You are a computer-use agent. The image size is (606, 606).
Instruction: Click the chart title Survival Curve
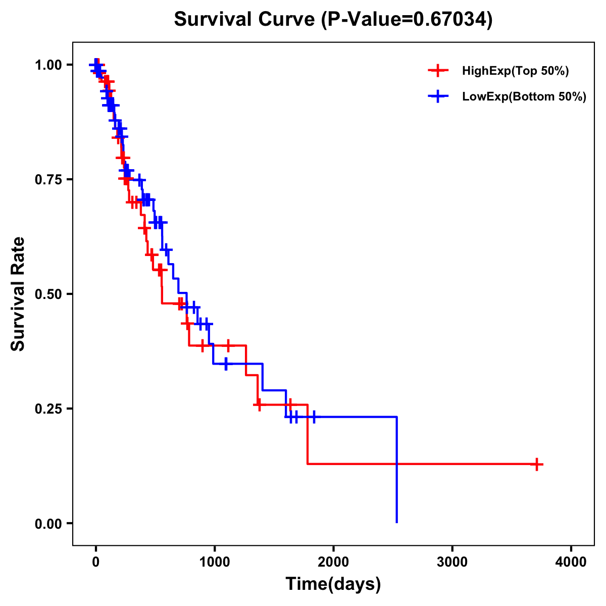click(245, 20)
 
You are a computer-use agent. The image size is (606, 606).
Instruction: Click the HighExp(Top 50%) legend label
click(515, 71)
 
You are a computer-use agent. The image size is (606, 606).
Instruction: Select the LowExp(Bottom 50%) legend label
click(524, 97)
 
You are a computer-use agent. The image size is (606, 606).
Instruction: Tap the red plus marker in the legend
click(438, 71)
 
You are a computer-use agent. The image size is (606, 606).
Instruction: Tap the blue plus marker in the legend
click(438, 97)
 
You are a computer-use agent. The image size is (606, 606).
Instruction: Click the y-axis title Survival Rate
click(18, 293)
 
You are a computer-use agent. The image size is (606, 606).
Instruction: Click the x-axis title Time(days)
click(333, 584)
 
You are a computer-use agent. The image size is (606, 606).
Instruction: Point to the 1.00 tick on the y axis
click(48, 65)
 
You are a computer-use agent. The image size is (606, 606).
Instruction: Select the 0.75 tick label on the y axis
click(48, 179)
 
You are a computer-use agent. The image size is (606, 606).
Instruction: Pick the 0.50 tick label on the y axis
click(48, 294)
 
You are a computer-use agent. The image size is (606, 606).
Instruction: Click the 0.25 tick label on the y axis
click(48, 409)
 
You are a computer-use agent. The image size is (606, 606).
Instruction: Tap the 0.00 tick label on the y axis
click(48, 523)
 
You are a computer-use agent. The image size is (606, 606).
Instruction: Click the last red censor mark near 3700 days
click(537, 464)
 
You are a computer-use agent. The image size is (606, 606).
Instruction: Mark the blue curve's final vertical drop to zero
click(397, 470)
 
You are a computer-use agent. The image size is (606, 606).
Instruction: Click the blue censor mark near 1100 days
click(226, 364)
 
